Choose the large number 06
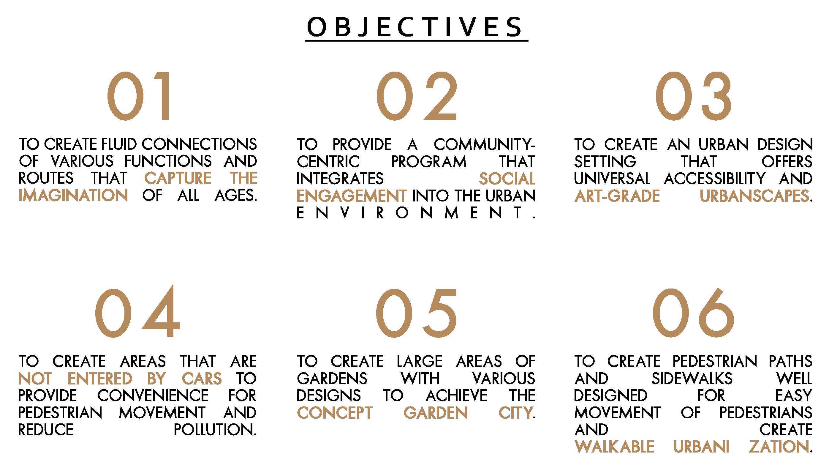click(693, 313)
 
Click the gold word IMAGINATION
click(73, 196)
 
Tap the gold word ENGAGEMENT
click(352, 196)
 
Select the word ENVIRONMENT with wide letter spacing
click(416, 213)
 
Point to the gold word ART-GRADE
click(617, 196)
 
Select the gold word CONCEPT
click(334, 413)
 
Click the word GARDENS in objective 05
click(332, 378)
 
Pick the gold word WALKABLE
click(614, 447)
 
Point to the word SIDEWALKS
click(692, 378)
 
